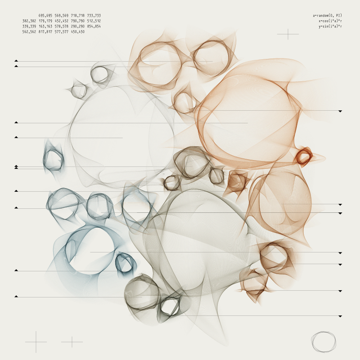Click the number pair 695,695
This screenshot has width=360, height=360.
point(45,16)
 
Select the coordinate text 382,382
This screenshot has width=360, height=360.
point(29,21)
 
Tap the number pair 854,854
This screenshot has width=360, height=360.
point(94,27)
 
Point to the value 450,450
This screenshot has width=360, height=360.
point(77,32)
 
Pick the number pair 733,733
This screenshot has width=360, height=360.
point(94,16)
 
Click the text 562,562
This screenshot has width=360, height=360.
point(29,32)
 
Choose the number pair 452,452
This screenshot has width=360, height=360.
point(62,21)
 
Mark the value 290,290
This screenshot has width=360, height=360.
point(77,27)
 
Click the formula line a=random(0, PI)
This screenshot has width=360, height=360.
point(327,16)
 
